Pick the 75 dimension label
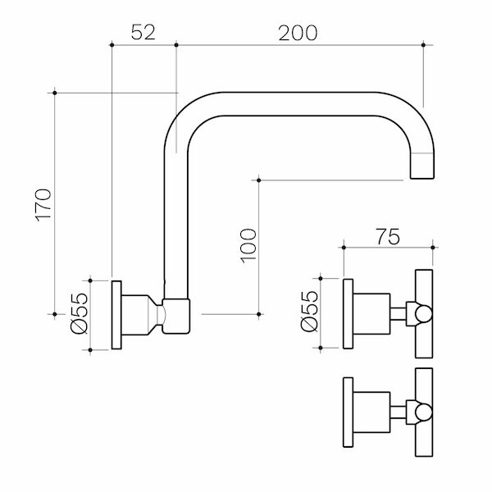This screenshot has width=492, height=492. point(388,237)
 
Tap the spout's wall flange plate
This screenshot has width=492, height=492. point(116,314)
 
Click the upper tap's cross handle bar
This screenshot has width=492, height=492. point(425,312)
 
